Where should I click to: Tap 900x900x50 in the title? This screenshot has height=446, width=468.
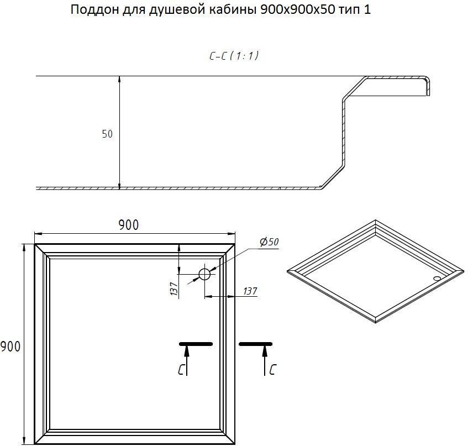coord(298,10)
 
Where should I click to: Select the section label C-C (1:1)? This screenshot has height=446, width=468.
coord(234,56)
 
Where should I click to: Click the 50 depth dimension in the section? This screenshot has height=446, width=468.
coord(107,134)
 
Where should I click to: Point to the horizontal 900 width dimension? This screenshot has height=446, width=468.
coord(129,225)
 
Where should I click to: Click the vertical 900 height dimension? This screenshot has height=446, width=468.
coord(10,347)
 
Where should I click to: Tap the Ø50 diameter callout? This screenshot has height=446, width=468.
coord(269,242)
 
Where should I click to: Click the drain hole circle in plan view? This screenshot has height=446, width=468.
coord(205,274)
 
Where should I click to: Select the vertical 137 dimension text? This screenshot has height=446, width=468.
coord(174,288)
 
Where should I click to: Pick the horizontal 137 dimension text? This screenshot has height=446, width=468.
coord(250,291)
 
